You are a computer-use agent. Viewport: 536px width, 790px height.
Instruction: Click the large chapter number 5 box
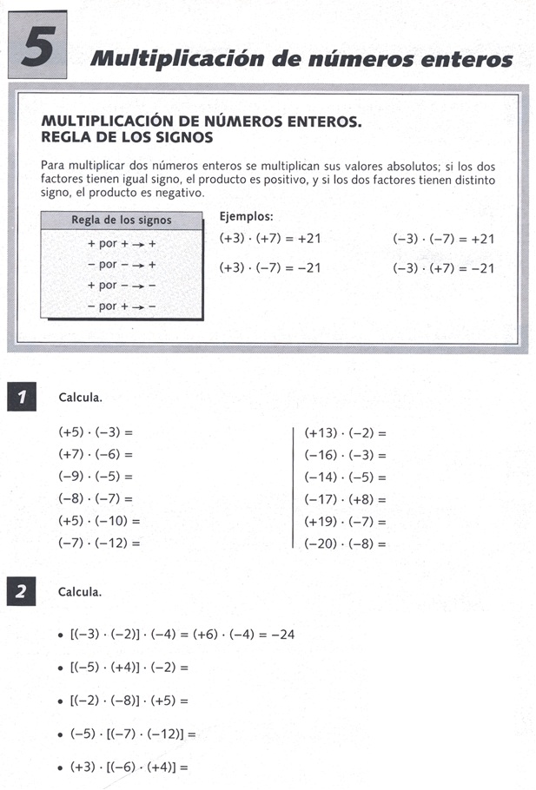click(x=40, y=48)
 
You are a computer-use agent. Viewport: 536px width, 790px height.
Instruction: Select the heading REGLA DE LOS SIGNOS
click(x=127, y=137)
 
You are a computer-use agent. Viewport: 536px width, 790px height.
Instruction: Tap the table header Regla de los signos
click(x=121, y=220)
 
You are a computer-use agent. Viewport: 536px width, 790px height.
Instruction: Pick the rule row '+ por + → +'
click(x=122, y=244)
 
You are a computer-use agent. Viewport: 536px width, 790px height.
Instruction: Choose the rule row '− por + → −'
click(x=122, y=306)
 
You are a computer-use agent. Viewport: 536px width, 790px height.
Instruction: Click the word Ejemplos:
click(x=247, y=216)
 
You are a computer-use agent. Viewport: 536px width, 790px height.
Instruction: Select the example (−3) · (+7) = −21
click(x=443, y=268)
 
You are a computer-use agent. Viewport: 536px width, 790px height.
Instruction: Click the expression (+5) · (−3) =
click(x=97, y=431)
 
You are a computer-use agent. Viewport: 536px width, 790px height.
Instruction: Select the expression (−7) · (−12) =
click(x=99, y=543)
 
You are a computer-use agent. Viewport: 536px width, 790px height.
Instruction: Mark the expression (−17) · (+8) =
click(x=345, y=500)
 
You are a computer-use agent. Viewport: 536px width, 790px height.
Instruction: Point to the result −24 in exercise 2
click(x=282, y=635)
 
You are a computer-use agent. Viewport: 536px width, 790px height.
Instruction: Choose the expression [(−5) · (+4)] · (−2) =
click(x=129, y=668)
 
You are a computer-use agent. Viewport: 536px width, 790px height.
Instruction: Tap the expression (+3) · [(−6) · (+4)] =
click(x=129, y=767)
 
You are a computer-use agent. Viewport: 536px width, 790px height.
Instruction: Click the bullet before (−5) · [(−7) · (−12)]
click(x=58, y=734)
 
